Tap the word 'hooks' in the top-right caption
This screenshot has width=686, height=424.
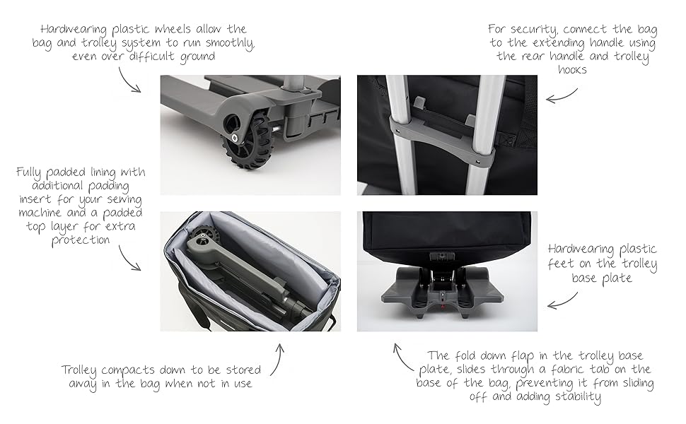(x=572, y=71)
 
